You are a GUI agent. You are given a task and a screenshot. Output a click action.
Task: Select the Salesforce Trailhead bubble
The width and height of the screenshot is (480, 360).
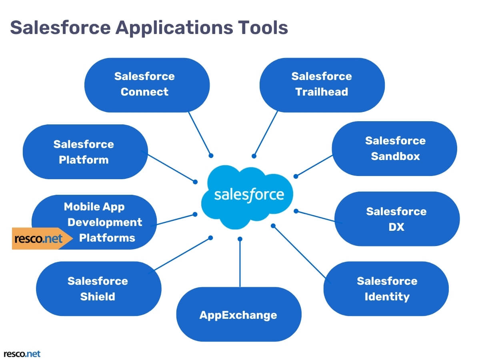click(x=322, y=85)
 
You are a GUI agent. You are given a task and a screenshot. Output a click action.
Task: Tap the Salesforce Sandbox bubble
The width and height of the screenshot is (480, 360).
click(x=394, y=148)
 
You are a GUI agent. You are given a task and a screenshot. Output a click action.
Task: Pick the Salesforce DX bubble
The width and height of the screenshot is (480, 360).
click(x=396, y=219)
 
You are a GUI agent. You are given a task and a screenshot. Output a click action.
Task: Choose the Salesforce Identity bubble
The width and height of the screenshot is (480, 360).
click(x=386, y=288)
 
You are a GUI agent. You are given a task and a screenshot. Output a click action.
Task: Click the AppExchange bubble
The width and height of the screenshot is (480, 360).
click(x=238, y=315)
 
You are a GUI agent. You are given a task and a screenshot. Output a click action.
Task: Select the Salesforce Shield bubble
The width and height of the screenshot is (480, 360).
click(x=98, y=288)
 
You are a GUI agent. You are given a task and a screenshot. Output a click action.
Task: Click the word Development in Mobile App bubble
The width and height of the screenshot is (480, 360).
click(x=105, y=222)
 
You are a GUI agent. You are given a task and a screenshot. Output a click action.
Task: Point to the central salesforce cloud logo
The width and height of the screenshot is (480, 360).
click(x=248, y=195)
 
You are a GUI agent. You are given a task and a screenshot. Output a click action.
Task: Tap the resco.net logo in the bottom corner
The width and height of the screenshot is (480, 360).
click(x=22, y=354)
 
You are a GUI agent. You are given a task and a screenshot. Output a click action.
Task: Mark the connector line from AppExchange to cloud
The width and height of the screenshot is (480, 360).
click(x=240, y=264)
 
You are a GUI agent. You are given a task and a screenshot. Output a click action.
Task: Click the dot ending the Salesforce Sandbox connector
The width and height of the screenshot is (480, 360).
click(x=296, y=176)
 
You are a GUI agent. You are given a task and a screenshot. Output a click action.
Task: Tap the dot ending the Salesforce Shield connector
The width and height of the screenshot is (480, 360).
click(x=211, y=238)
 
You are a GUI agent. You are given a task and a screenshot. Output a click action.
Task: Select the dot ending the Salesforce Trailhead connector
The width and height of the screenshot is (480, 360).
click(x=254, y=156)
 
